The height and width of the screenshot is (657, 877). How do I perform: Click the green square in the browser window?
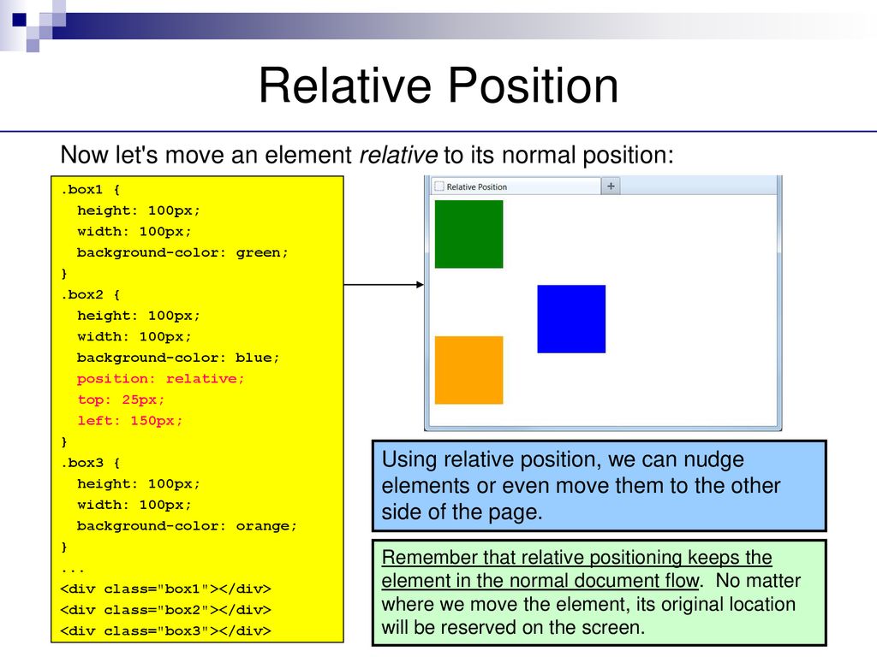[x=468, y=234]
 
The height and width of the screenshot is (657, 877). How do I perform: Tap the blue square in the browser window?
[x=571, y=319]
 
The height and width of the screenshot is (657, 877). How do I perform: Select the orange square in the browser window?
[x=468, y=370]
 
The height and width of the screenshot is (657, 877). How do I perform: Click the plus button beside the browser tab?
[x=611, y=186]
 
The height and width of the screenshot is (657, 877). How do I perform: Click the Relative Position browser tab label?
[x=476, y=187]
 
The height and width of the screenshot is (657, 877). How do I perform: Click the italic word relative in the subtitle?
[x=398, y=155]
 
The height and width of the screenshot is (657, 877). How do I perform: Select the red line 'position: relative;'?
[x=160, y=379]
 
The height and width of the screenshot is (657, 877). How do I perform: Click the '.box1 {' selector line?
[x=90, y=189]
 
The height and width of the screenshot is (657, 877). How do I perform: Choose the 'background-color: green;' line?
[x=182, y=252]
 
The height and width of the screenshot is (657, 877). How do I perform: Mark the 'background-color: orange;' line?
[x=187, y=526]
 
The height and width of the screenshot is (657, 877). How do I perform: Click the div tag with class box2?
[x=165, y=609]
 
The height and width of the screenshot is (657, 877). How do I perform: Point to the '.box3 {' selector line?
[x=90, y=463]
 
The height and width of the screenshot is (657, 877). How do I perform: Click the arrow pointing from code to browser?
[x=384, y=284]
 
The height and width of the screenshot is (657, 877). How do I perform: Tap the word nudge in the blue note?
[x=714, y=459]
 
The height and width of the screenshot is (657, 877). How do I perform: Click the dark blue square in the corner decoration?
[x=19, y=20]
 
